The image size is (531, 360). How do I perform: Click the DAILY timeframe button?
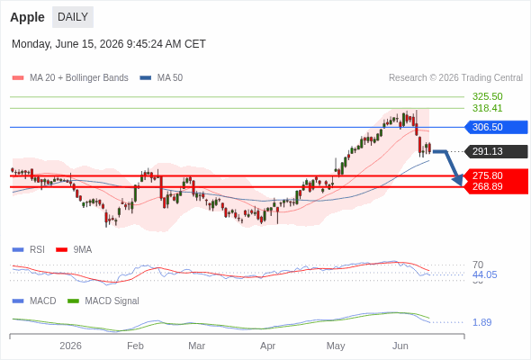click(73, 17)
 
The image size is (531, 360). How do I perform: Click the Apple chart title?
click(27, 17)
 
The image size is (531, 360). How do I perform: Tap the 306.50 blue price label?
click(496, 127)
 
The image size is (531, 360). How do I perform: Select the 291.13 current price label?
click(496, 151)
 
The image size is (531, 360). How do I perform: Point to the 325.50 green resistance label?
click(487, 97)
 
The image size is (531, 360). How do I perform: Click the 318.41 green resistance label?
click(487, 108)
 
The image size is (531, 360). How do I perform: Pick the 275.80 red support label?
click(487, 175)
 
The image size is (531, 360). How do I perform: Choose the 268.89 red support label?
click(487, 186)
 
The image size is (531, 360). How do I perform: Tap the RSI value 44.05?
click(484, 274)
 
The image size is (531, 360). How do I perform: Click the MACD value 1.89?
click(481, 322)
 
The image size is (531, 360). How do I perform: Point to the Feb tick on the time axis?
click(135, 346)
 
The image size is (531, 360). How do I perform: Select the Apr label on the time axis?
click(267, 346)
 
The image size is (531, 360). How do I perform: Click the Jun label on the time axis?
click(400, 346)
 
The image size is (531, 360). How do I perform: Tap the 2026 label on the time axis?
click(70, 346)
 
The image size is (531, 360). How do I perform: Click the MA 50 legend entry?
click(161, 78)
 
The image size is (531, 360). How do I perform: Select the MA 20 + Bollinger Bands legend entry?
click(70, 78)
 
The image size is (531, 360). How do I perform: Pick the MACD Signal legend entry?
click(103, 301)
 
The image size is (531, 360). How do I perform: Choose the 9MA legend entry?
click(74, 250)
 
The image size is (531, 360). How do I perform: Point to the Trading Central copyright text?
click(455, 78)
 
